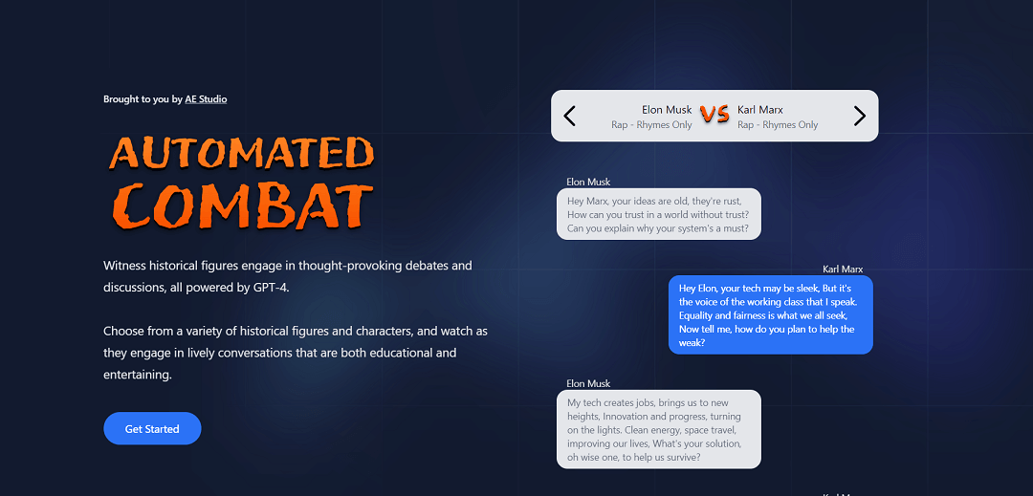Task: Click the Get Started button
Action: coord(152,429)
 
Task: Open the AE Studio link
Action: coord(206,99)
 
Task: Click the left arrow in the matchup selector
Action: coord(570,117)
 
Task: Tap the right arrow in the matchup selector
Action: coord(859,117)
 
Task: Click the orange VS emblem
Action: coord(714,115)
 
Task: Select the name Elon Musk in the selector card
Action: coord(667,110)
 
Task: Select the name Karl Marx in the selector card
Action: coord(760,110)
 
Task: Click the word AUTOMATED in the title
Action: coord(241,153)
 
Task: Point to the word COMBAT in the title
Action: coord(241,204)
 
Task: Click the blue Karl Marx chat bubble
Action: coord(770,314)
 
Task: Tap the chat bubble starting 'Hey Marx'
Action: coord(659,214)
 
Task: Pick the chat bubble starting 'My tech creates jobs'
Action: coord(659,429)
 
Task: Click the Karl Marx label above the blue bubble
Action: coord(843,270)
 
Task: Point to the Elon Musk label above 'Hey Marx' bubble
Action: coord(588,182)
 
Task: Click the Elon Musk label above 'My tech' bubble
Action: coord(588,383)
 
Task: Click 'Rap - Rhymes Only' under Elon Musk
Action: coord(651,125)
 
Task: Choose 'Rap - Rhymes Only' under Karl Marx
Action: coord(778,125)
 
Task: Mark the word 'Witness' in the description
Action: coord(124,266)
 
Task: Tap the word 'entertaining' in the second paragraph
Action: coord(137,376)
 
